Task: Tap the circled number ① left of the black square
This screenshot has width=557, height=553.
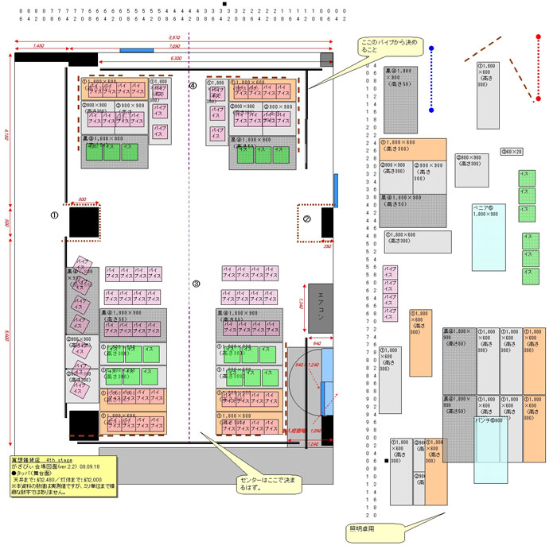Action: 55,215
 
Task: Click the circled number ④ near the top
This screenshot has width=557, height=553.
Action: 192,85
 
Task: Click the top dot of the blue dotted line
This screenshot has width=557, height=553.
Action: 431,48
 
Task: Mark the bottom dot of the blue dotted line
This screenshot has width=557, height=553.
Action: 431,110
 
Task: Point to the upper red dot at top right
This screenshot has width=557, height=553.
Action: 539,37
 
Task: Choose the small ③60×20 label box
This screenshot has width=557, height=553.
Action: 512,152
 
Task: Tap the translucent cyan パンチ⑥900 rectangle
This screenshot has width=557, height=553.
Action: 490,450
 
